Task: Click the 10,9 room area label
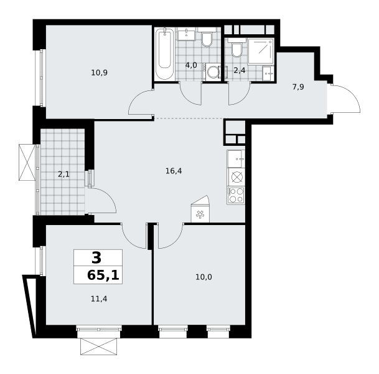coord(100,73)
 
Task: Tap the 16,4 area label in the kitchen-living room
coord(174,171)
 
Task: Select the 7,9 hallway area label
coord(298,87)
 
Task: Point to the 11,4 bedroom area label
coord(99,299)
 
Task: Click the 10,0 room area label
coord(204,277)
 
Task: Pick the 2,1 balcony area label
coord(63,174)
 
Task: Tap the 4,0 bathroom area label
coord(191,65)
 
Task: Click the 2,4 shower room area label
coord(240,70)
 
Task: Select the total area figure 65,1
coord(103,276)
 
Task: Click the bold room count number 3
coord(96,258)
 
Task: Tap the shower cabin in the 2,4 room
coord(261,51)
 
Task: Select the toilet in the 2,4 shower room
coord(237,48)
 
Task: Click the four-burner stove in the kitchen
coord(236,195)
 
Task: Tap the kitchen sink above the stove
coord(236,159)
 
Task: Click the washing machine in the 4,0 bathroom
coord(212,72)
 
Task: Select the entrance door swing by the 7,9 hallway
coord(344,98)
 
